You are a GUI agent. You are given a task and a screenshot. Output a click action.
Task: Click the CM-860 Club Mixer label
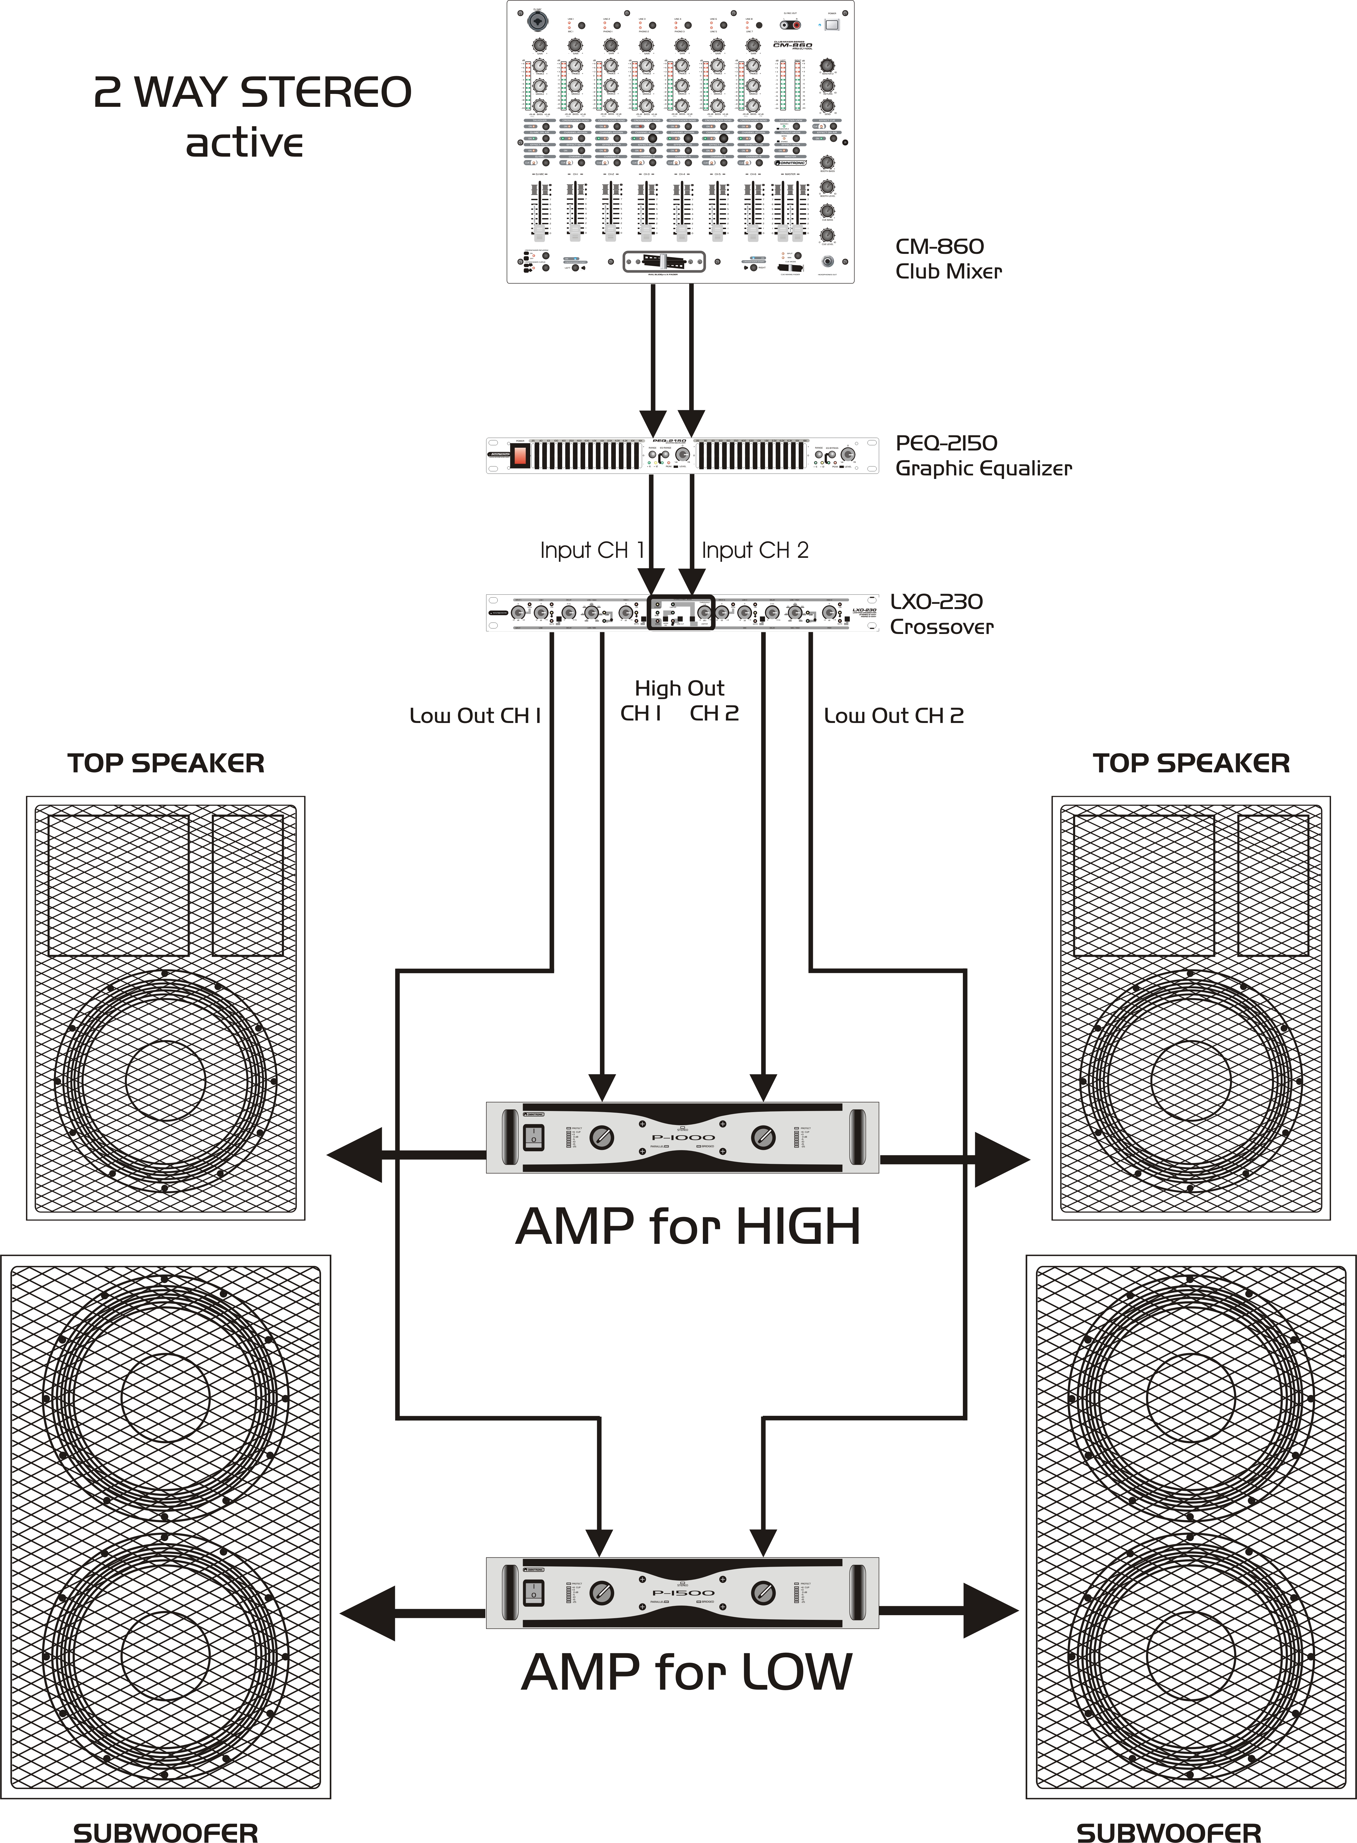point(949,258)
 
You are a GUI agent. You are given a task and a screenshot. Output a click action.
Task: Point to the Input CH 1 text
point(591,550)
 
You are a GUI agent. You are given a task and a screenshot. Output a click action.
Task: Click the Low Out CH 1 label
point(475,716)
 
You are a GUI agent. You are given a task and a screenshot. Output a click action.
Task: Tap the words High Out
point(679,688)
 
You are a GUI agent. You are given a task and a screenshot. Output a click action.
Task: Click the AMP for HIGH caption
point(688,1227)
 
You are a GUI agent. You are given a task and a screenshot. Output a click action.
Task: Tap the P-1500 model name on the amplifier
point(683,1592)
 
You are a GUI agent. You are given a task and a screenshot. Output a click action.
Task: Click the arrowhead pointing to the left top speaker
point(356,1155)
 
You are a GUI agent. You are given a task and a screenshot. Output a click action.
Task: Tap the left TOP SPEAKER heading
point(166,763)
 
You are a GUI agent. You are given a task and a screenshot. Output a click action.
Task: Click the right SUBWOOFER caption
point(1168,1810)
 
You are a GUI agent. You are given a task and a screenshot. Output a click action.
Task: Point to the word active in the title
point(244,143)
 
